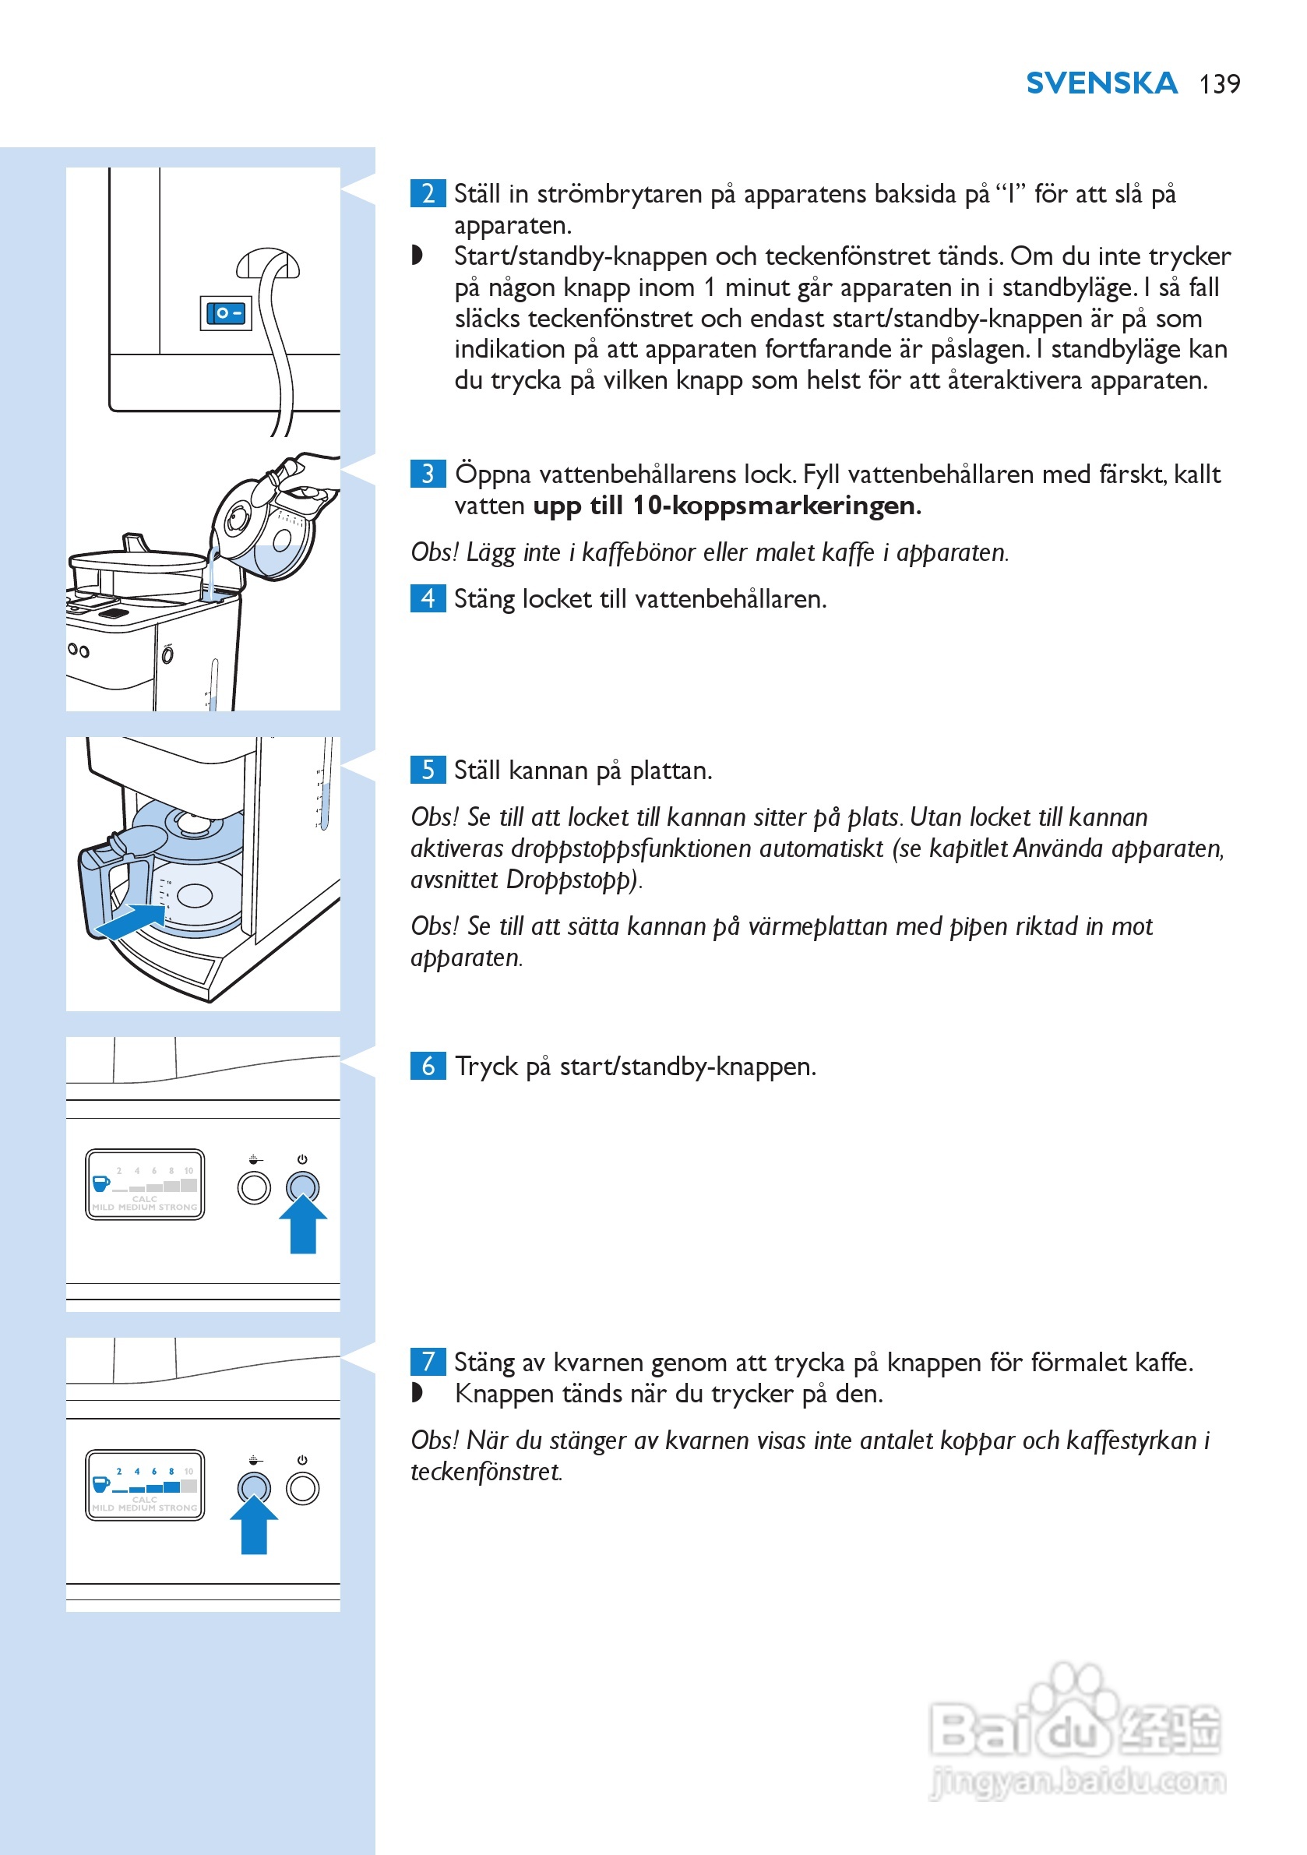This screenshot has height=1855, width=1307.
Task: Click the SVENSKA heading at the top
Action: point(1101,83)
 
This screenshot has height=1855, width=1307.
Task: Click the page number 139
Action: point(1219,84)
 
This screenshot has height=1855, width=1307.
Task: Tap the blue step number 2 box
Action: point(428,194)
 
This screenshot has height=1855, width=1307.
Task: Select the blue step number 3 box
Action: point(428,474)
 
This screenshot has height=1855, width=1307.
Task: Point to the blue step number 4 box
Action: point(428,598)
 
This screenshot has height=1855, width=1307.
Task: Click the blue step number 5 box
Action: point(428,770)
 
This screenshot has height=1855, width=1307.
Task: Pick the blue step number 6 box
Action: point(428,1066)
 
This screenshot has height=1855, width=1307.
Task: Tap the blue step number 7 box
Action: point(428,1362)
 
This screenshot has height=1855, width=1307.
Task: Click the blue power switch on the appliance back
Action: point(225,313)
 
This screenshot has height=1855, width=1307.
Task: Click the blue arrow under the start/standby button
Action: point(303,1224)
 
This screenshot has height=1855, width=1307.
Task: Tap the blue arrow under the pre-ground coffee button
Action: point(254,1525)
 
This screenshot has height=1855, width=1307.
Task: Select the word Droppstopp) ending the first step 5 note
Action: point(573,880)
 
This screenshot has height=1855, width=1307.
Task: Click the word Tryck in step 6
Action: point(486,1067)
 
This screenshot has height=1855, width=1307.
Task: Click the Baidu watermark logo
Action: point(1074,1720)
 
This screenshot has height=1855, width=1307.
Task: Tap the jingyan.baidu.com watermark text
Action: point(1077,1782)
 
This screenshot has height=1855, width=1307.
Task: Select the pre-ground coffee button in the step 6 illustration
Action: point(254,1187)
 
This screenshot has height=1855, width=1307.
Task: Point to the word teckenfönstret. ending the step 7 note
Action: point(485,1472)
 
